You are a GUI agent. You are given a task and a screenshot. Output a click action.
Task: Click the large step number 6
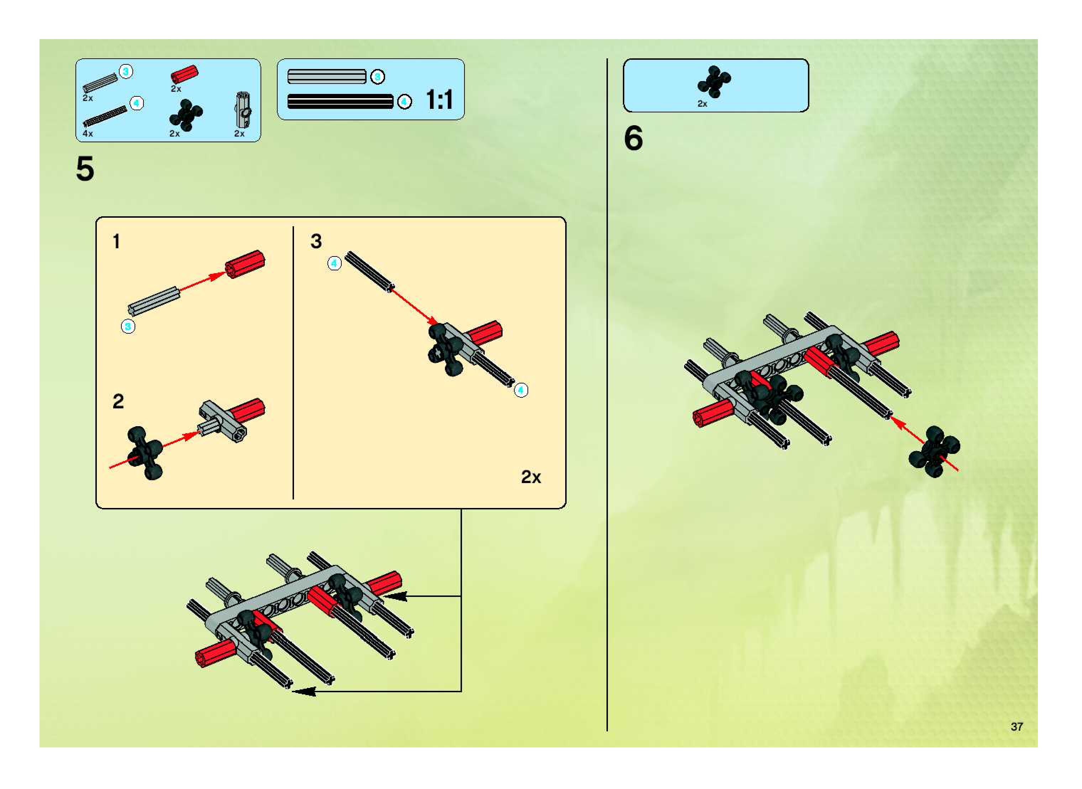[x=633, y=138]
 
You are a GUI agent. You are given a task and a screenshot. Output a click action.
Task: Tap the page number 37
[x=1017, y=726]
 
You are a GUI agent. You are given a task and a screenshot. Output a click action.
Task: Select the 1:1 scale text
[x=439, y=100]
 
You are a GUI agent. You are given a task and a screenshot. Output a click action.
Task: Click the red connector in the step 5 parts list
[x=184, y=74]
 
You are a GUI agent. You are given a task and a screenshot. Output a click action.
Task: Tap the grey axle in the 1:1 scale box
[x=326, y=76]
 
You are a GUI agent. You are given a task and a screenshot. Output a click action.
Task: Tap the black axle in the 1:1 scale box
[x=340, y=101]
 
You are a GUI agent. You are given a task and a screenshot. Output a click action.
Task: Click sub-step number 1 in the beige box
[x=116, y=241]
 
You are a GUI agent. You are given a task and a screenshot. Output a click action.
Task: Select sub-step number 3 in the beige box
[x=316, y=241]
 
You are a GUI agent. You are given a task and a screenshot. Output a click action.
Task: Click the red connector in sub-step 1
[x=245, y=264]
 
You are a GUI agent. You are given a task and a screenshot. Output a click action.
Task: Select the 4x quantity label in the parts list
[x=88, y=134]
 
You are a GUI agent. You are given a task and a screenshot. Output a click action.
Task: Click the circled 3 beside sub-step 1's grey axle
[x=128, y=327]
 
